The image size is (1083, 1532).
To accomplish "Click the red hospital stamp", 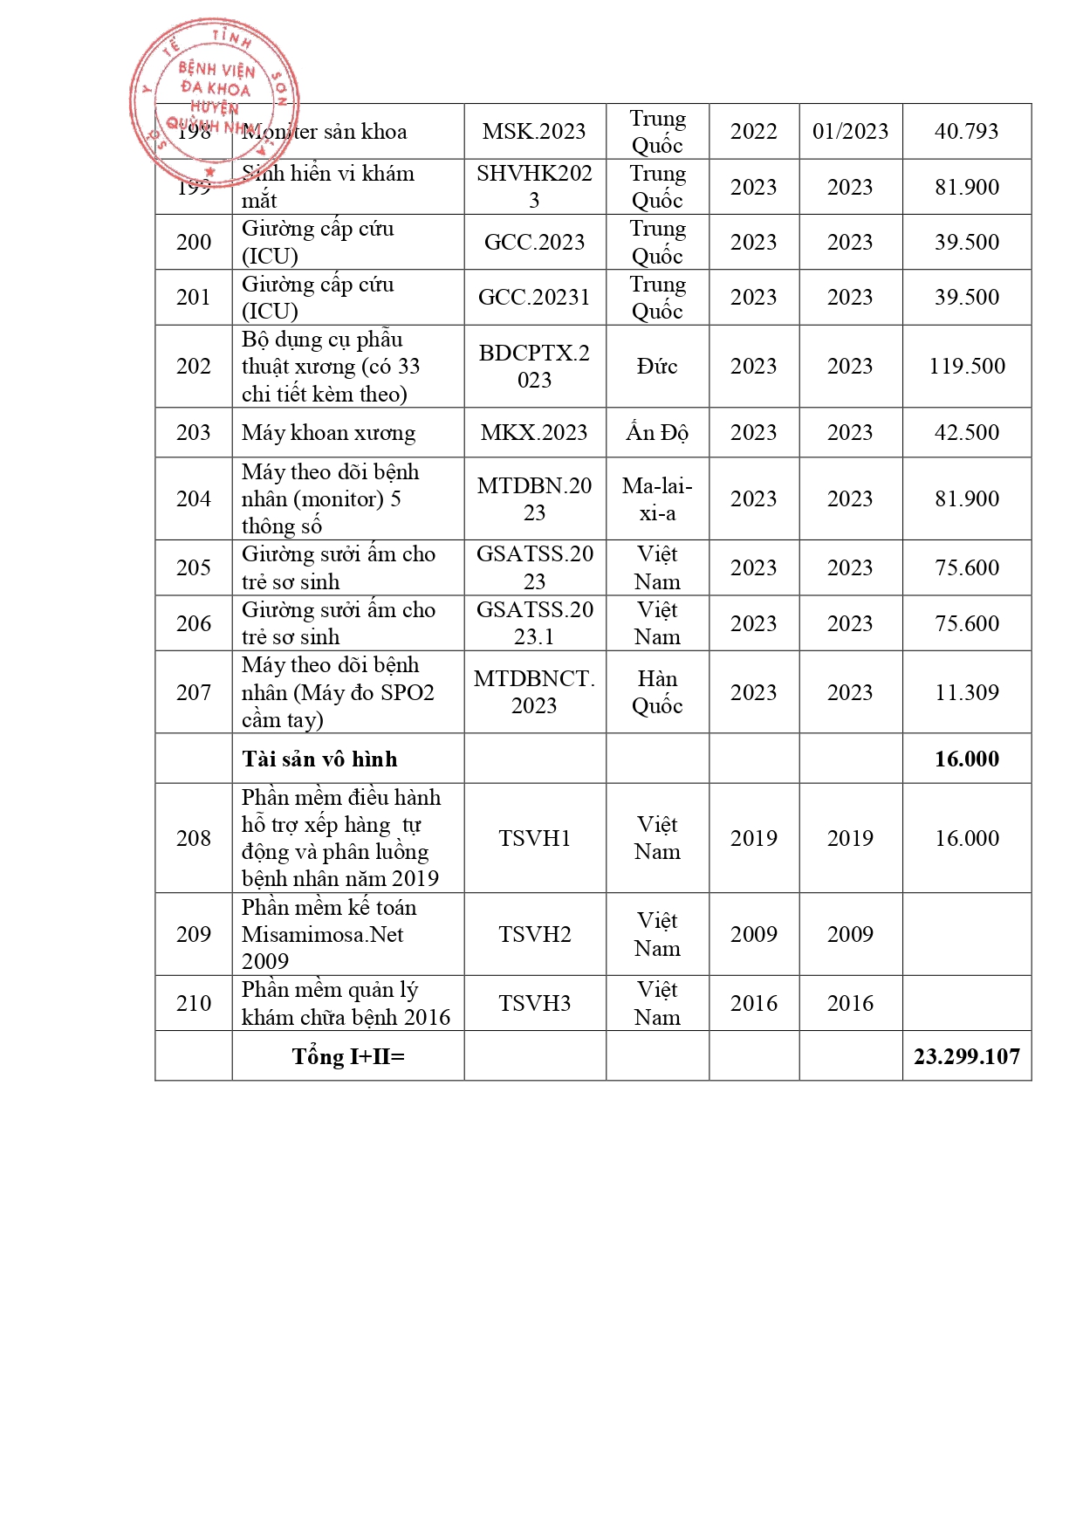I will pos(214,100).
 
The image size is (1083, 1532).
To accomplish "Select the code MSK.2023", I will pos(534,132).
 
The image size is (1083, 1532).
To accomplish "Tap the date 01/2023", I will pos(850,132).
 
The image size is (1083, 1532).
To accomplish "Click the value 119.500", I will pos(967,367).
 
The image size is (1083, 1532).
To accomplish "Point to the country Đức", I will pos(657,367).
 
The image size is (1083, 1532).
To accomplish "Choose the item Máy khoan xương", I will pos(328,433).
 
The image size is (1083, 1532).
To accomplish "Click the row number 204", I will pos(194,499).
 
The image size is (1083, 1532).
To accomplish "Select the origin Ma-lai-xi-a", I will pos(657,499).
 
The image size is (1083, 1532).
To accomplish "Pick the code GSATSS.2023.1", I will pos(534,623).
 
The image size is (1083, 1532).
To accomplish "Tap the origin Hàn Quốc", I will pos(657,692).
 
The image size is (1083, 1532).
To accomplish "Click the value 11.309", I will pos(967,693).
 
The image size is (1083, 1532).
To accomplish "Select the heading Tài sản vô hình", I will pos(319,759).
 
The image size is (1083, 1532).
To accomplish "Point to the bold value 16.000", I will pos(967,759).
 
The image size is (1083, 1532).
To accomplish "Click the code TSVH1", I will pos(534,839).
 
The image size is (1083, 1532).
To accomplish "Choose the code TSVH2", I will pos(534,935).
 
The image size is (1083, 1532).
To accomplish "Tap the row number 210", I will pos(194,1004).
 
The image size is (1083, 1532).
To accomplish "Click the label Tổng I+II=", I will pos(348,1057).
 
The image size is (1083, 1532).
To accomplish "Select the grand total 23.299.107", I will pos(967,1057).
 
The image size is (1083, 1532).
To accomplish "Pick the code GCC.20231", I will pos(534,298).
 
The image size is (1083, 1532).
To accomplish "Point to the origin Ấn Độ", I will pos(657,433).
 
